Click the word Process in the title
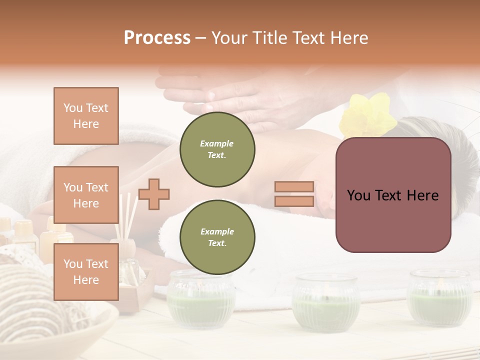point(157,38)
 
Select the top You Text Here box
point(86,116)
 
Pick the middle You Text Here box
point(86,195)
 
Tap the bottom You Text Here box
point(86,272)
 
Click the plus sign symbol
point(154,194)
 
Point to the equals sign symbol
point(294,194)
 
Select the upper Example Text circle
point(217,149)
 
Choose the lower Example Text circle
point(217,237)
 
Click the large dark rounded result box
point(393,195)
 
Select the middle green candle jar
point(326,302)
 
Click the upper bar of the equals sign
point(294,187)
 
